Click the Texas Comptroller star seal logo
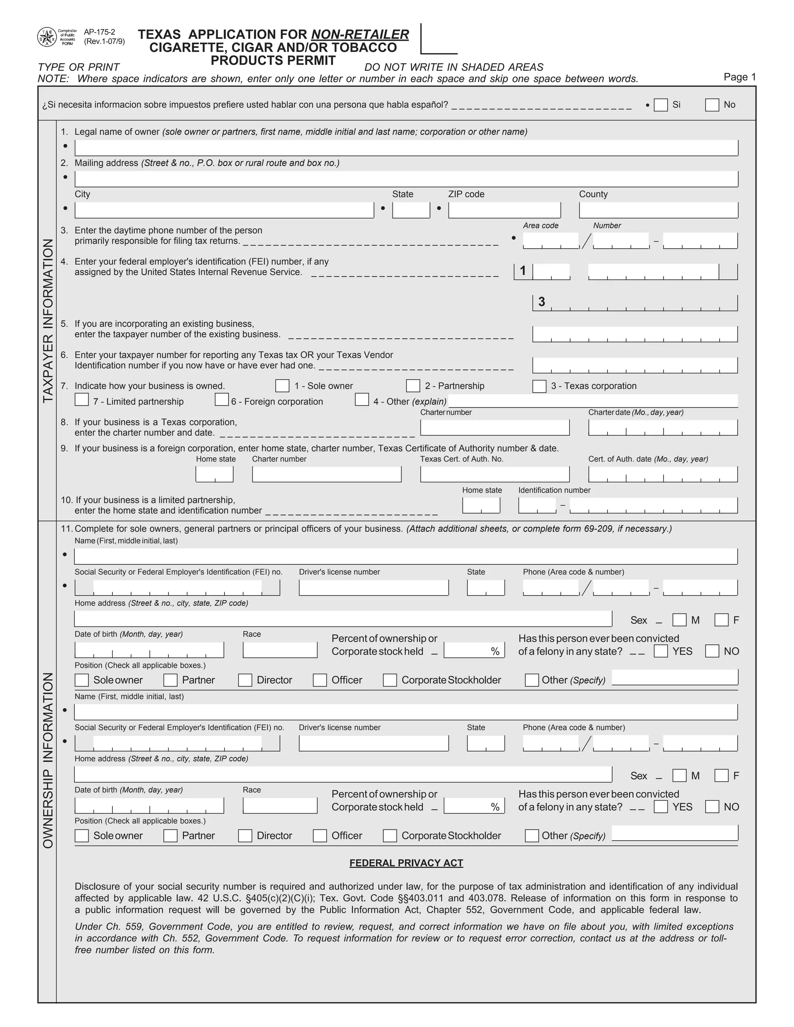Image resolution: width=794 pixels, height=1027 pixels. [x=47, y=37]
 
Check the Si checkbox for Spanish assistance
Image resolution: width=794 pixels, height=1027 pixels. [x=661, y=105]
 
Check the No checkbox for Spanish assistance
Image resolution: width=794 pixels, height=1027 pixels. [x=712, y=105]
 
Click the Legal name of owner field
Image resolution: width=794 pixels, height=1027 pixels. [x=406, y=148]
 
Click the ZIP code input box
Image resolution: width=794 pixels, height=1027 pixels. [x=504, y=210]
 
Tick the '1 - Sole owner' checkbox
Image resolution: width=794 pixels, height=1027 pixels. [x=282, y=386]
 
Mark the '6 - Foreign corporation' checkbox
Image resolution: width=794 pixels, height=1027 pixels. [x=221, y=400]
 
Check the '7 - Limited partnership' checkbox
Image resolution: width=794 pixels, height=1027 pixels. [x=82, y=400]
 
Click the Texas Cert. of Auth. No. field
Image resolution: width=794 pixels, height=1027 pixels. [x=494, y=474]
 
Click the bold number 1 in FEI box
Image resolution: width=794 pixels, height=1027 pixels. [x=523, y=271]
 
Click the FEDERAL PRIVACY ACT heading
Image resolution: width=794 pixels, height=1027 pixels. [x=406, y=863]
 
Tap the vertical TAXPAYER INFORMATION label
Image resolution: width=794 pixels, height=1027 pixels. [x=48, y=321]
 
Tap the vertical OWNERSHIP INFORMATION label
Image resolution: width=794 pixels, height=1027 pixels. [x=48, y=760]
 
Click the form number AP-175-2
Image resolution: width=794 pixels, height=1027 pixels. [x=99, y=32]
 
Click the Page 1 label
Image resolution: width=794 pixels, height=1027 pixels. [x=739, y=77]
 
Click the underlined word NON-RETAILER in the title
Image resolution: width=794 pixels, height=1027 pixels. [x=360, y=34]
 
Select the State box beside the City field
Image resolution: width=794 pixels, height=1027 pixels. [x=411, y=210]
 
